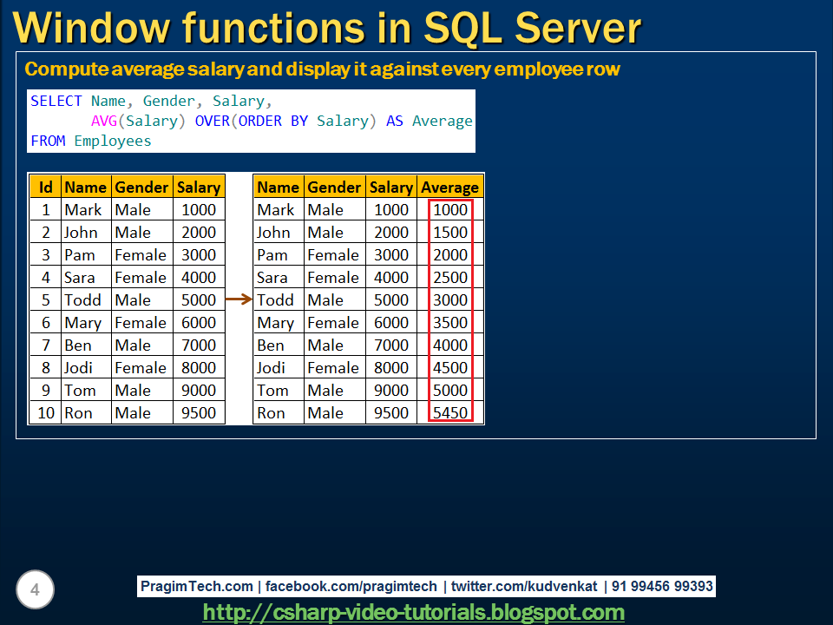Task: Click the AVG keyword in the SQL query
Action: tap(108, 122)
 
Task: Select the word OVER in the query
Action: tap(212, 122)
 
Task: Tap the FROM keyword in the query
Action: tap(48, 141)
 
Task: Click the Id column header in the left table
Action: tap(46, 187)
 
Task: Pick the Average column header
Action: tap(449, 187)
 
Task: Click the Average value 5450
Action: tap(450, 413)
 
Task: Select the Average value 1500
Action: tap(450, 233)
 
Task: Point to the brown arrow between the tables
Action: tap(238, 300)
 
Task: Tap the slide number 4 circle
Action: tap(35, 590)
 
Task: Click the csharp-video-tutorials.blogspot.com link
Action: tap(413, 613)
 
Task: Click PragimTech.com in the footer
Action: tap(197, 587)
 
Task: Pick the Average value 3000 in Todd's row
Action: tap(450, 300)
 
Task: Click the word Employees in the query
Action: tap(113, 141)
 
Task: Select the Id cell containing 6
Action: tap(46, 323)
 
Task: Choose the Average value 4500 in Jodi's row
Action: tap(450, 368)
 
